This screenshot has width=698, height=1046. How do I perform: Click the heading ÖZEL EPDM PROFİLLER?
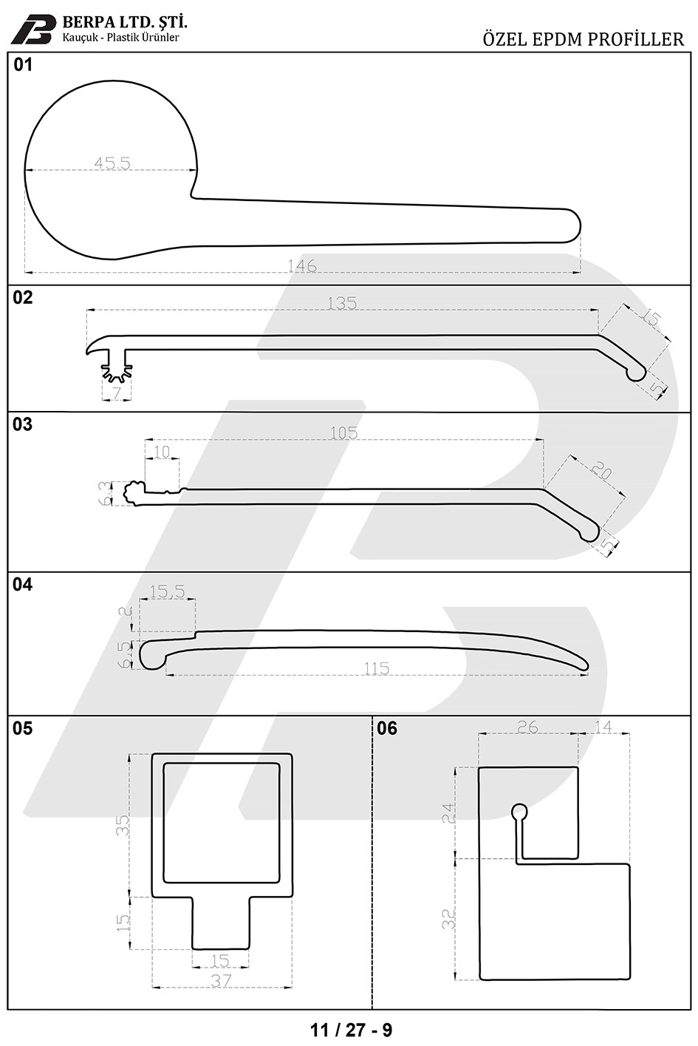[584, 40]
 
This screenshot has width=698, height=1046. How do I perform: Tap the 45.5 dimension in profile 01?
[112, 163]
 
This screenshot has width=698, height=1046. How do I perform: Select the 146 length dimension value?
[302, 265]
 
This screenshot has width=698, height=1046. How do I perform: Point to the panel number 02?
[23, 297]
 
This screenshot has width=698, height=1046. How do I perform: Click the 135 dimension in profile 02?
[342, 304]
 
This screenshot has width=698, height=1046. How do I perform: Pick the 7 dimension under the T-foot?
[116, 394]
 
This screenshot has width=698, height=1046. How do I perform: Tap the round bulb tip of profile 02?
[637, 373]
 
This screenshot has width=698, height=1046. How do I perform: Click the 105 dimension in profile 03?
[344, 433]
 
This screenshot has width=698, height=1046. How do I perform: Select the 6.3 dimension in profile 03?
[106, 493]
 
